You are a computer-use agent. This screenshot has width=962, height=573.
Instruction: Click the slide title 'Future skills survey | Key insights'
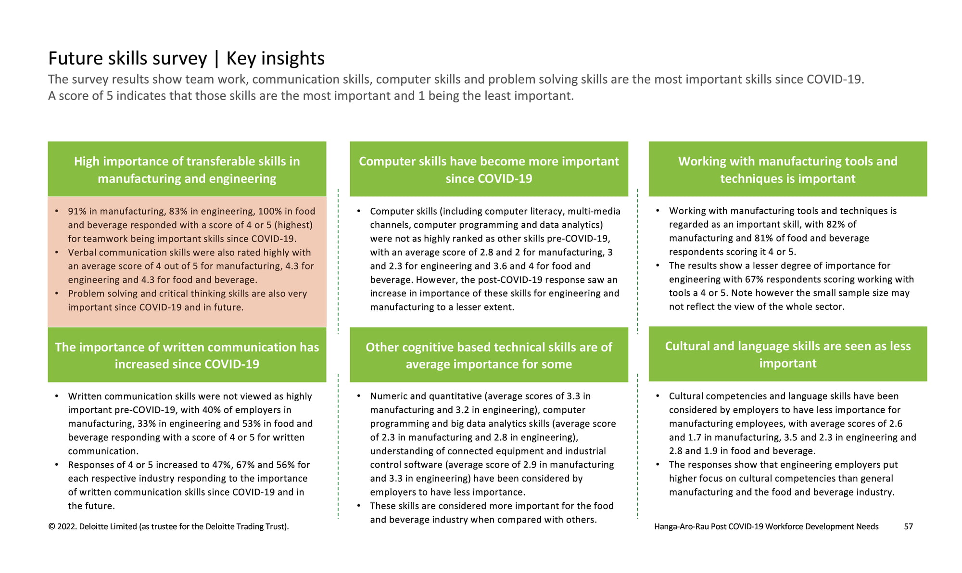pyautogui.click(x=186, y=58)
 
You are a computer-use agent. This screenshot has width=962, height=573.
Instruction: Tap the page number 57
pyautogui.click(x=908, y=526)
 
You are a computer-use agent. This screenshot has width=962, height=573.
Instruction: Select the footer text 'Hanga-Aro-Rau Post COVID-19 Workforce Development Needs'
pyautogui.click(x=766, y=526)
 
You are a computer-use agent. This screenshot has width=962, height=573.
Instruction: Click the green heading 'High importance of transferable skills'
pyautogui.click(x=187, y=169)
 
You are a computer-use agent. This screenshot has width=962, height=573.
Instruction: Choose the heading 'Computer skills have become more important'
pyautogui.click(x=489, y=169)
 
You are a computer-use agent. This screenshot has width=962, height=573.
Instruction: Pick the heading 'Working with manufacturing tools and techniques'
pyautogui.click(x=788, y=169)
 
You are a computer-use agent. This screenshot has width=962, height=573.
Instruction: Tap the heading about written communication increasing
pyautogui.click(x=187, y=355)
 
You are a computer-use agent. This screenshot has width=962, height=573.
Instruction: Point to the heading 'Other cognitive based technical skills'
pyautogui.click(x=489, y=355)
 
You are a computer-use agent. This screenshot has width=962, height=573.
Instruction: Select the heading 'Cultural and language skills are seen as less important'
pyautogui.click(x=788, y=354)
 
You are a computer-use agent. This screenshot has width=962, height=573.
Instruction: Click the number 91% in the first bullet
pyautogui.click(x=77, y=211)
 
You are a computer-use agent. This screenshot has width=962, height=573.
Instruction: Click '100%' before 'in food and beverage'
pyautogui.click(x=271, y=211)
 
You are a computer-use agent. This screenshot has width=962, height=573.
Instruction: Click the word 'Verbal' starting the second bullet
pyautogui.click(x=82, y=253)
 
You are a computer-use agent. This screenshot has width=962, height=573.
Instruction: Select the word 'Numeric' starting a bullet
pyautogui.click(x=389, y=396)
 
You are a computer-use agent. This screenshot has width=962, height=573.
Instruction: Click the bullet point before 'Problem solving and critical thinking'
pyautogui.click(x=57, y=293)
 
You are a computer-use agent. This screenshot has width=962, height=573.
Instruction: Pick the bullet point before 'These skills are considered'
pyautogui.click(x=359, y=505)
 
